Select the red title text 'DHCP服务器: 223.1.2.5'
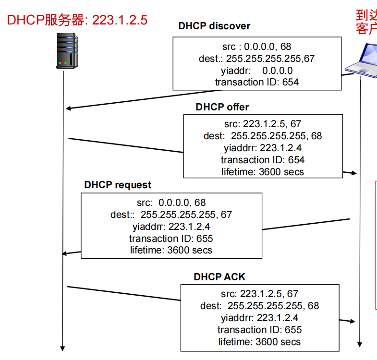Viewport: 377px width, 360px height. click(77, 20)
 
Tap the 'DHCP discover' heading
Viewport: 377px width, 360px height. click(214, 26)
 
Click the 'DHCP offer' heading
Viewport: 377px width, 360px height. click(222, 107)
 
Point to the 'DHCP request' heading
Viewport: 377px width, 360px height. click(118, 185)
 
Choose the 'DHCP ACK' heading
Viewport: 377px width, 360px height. click(219, 277)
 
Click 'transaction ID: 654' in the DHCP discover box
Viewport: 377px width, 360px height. click(256, 82)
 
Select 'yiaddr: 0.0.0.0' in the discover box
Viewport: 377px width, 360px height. click(256, 71)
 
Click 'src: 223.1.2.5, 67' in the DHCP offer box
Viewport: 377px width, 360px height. click(263, 124)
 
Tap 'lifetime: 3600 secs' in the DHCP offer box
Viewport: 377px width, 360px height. click(263, 171)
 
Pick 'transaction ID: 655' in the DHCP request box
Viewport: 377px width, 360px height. click(171, 239)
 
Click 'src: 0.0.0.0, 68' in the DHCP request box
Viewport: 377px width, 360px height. click(171, 203)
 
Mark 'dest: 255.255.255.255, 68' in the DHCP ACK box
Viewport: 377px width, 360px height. click(259, 306)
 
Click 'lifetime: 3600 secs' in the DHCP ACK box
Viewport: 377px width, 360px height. click(259, 342)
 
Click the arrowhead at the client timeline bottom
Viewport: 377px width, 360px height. click(360, 344)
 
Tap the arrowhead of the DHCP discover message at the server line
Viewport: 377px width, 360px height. click(67, 108)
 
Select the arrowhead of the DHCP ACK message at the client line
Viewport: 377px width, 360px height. click(355, 321)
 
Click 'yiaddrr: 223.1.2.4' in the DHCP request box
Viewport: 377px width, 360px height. click(171, 227)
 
